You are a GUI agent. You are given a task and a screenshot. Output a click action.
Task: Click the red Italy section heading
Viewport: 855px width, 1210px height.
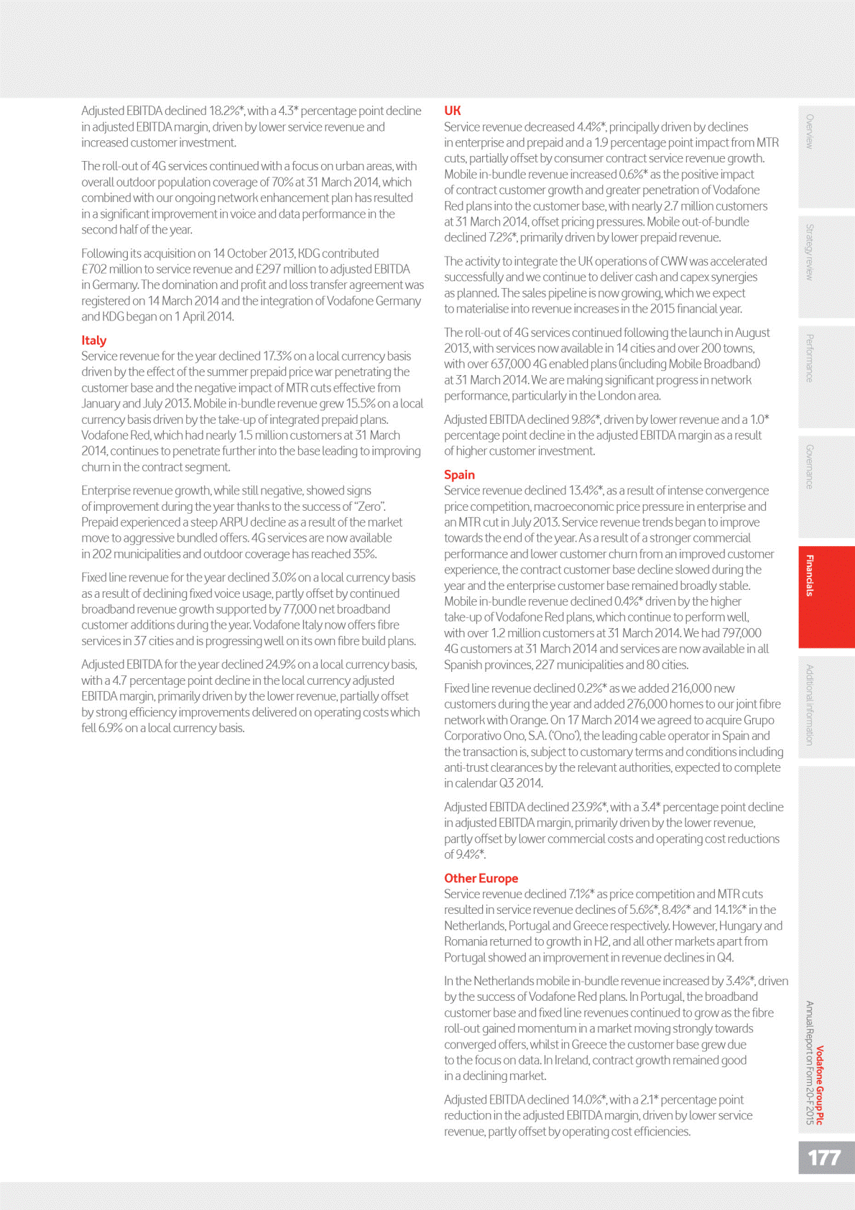pos(94,340)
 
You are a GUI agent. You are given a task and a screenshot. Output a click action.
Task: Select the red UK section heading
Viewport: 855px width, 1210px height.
pos(452,111)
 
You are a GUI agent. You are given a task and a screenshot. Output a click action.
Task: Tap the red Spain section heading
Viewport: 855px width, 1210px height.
pos(459,474)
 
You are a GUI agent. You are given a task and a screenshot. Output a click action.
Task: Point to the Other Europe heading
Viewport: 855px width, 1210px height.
pos(481,878)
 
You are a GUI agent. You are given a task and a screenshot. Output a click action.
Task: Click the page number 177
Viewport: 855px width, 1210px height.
pos(823,1158)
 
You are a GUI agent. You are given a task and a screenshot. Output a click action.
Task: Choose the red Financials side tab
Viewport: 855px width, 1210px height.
pos(810,576)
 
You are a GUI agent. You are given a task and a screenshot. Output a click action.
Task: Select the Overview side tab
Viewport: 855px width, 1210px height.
pos(810,131)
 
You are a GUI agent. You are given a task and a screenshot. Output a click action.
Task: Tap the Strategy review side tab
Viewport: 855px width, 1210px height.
pos(810,251)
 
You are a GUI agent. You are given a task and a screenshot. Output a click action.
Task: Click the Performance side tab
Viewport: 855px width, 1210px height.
pos(810,358)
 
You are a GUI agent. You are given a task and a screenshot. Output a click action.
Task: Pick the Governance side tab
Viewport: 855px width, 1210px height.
pos(810,467)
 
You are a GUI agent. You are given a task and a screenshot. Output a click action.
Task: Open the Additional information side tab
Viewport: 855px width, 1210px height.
pos(810,704)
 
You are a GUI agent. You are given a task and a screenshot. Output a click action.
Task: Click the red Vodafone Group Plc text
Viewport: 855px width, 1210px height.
pos(820,1085)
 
